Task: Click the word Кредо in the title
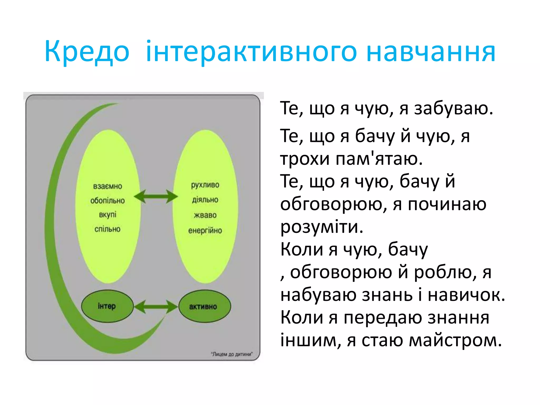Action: click(x=87, y=52)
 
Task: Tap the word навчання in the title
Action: click(x=431, y=52)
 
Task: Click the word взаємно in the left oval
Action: click(x=108, y=186)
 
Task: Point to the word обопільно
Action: click(x=108, y=201)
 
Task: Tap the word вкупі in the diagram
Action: click(x=108, y=215)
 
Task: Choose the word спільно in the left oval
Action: click(x=108, y=229)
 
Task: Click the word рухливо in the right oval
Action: click(x=205, y=185)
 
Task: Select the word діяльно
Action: click(x=205, y=200)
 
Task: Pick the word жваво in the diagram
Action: click(x=205, y=215)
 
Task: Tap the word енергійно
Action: click(x=205, y=231)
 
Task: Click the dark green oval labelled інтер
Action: click(x=107, y=306)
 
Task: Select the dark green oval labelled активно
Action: click(x=205, y=307)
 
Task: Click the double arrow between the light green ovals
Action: click(x=156, y=196)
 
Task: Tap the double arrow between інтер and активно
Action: click(x=156, y=306)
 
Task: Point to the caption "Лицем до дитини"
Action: click(x=232, y=354)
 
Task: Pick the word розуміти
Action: click(x=322, y=227)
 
